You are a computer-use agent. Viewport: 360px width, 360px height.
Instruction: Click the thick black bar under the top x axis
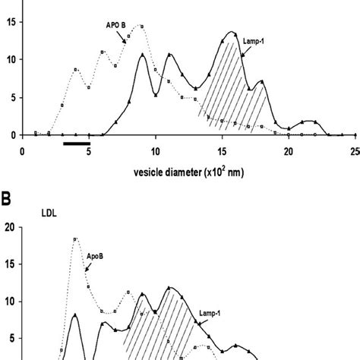tap(77, 143)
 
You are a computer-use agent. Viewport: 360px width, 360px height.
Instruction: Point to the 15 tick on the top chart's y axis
tap(8, 22)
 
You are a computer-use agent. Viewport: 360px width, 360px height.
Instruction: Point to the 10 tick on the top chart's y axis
tap(8, 60)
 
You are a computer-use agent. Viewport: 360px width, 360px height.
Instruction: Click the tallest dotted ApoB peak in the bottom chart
tap(75, 239)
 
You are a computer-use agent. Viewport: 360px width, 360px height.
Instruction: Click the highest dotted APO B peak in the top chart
tap(142, 27)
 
